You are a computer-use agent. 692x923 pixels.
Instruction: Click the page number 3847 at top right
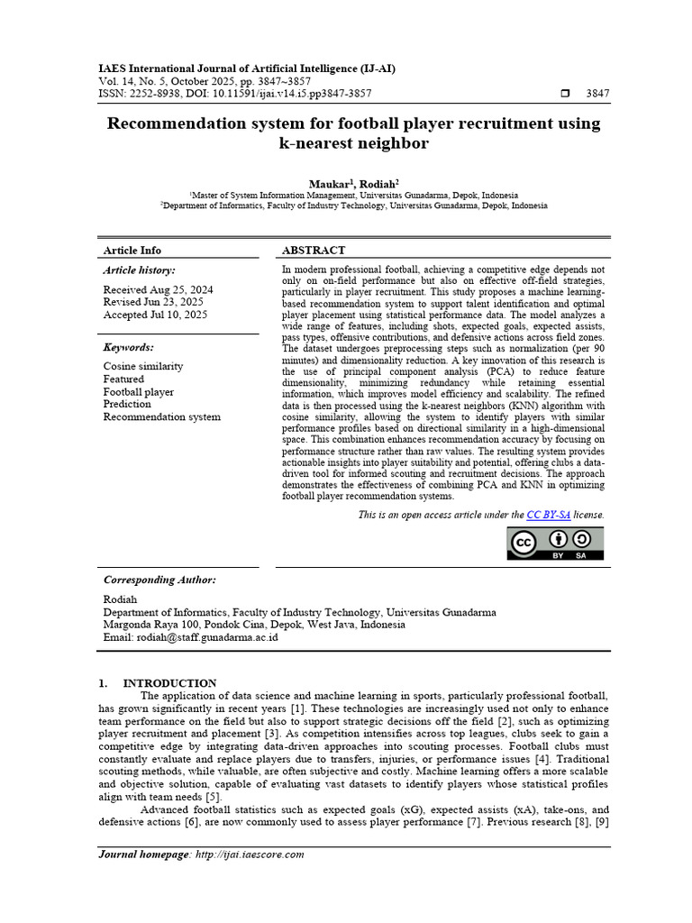coord(597,93)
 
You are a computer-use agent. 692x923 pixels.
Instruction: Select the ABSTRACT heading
coord(313,250)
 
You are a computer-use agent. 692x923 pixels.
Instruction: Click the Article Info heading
coord(132,250)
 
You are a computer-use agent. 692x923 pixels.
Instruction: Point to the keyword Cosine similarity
coord(142,366)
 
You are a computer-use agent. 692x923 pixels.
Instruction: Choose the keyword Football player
coord(138,392)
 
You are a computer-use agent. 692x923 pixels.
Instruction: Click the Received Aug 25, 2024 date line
coord(158,289)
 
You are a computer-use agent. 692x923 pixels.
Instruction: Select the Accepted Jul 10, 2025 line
coord(155,315)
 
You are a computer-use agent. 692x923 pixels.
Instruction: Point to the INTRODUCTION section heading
coord(169,683)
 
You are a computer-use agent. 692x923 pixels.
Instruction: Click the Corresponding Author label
coord(159,580)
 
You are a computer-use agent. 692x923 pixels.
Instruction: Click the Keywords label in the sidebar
coord(128,347)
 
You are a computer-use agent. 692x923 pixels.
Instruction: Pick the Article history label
coord(139,270)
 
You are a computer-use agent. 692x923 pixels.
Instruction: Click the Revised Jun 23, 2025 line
coord(153,302)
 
